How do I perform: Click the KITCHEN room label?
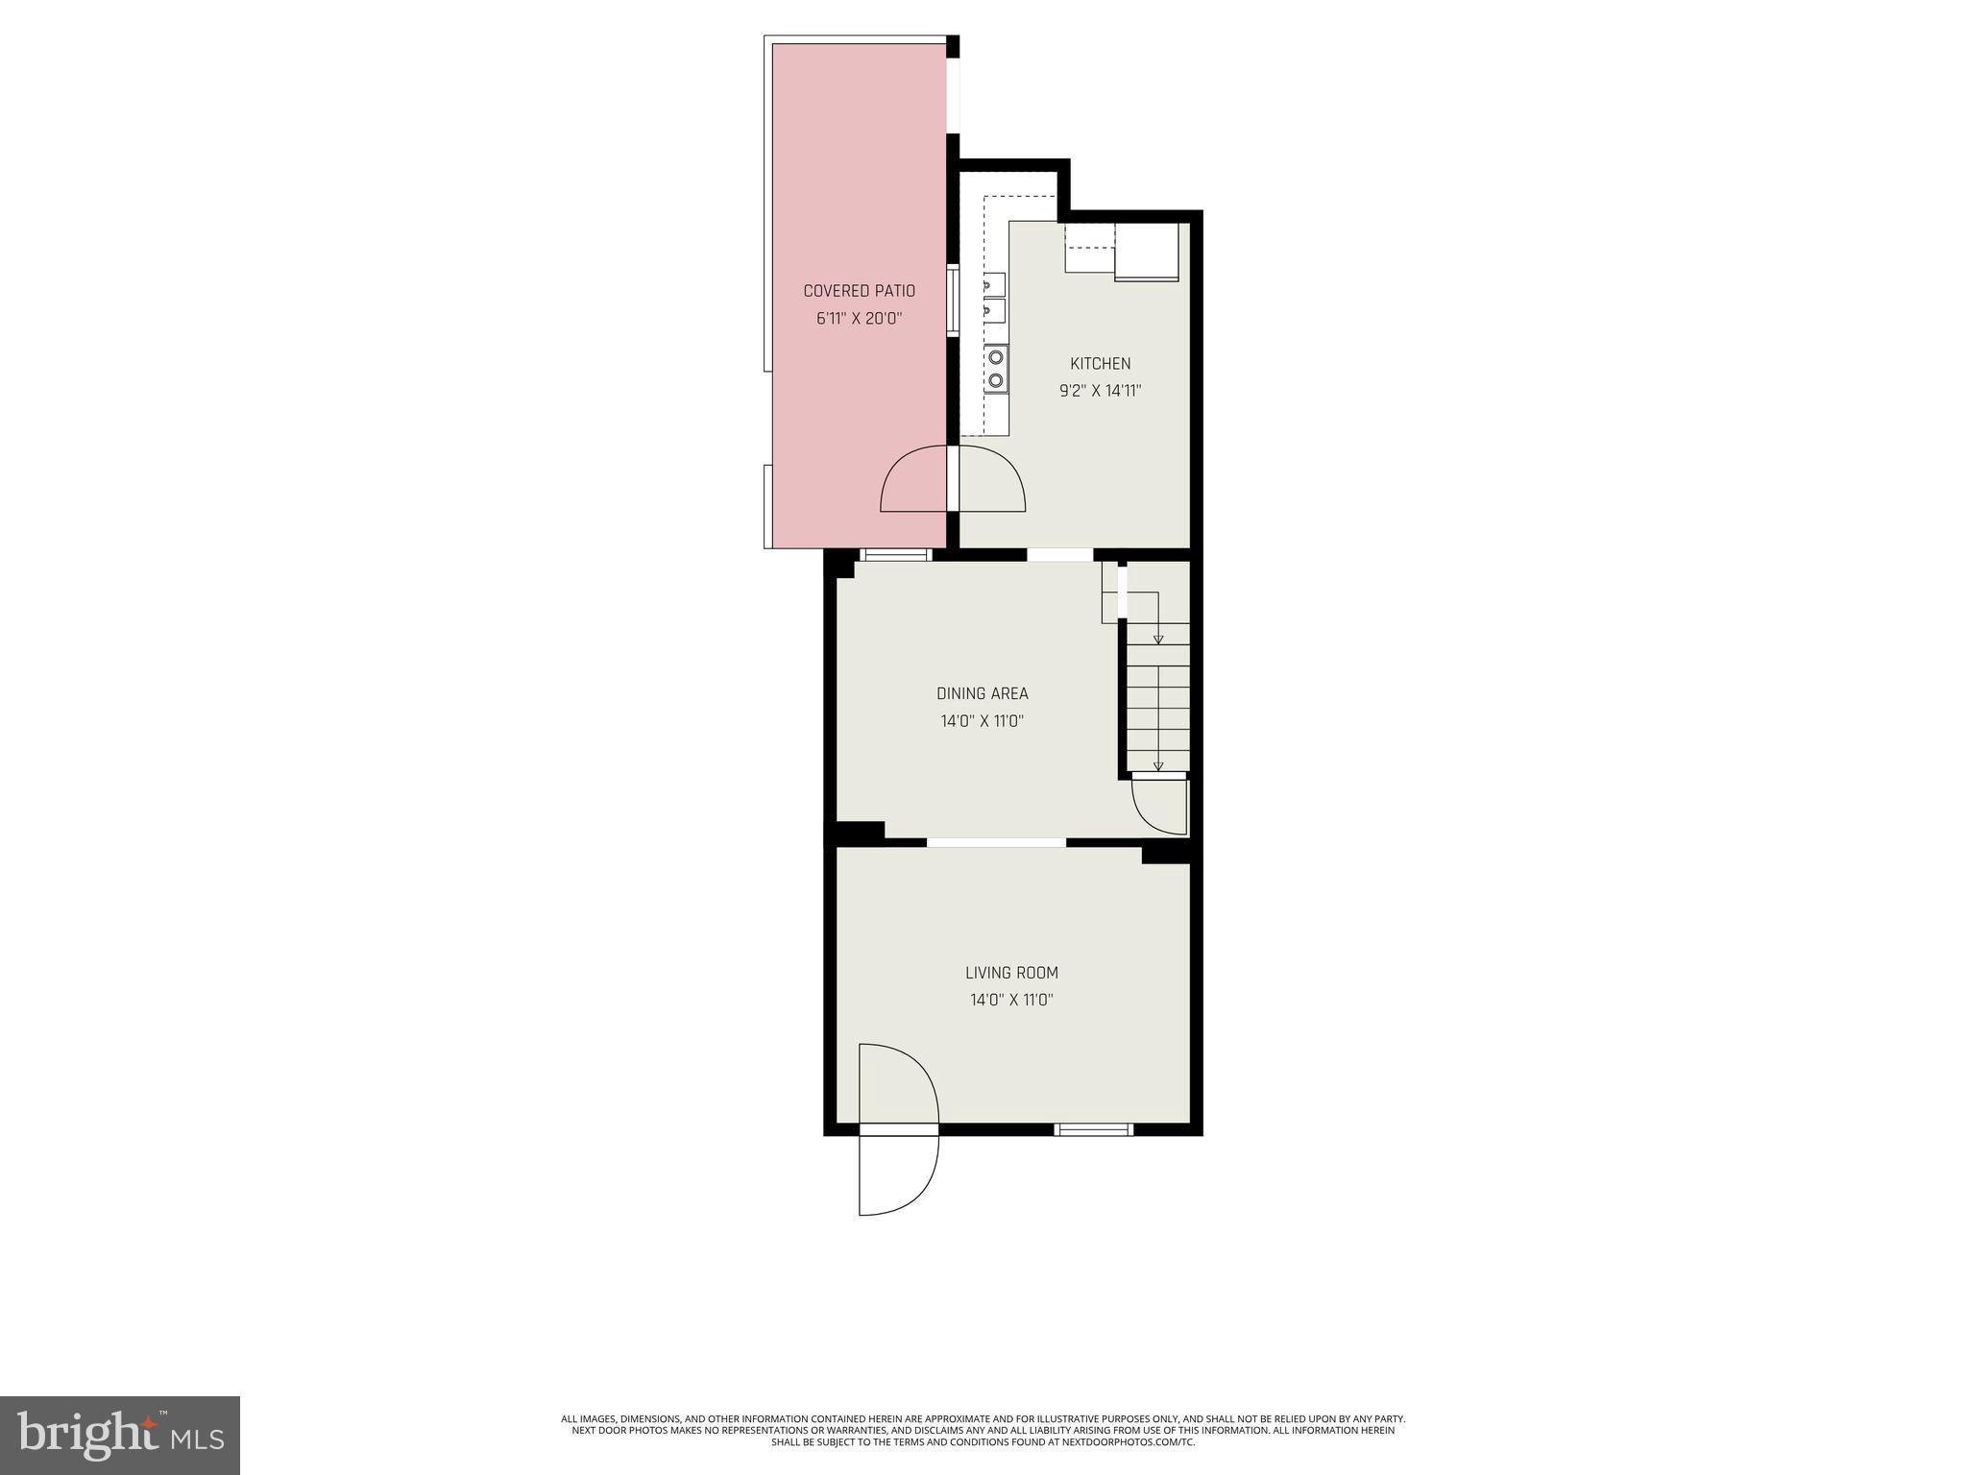tap(1100, 364)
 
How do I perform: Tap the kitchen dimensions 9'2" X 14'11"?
tap(1100, 391)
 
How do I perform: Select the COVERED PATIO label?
tap(859, 291)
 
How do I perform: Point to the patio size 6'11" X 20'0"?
tap(859, 318)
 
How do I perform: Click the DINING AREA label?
tap(982, 693)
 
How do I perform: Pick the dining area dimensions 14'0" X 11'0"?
tap(982, 721)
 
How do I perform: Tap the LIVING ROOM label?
tap(1011, 973)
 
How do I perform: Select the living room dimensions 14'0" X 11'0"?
tap(1011, 1000)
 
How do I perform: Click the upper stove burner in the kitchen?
tap(996, 357)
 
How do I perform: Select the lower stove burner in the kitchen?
tap(996, 380)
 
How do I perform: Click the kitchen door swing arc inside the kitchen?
tap(991, 479)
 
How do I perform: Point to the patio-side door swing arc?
tap(913, 479)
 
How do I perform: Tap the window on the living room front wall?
tap(1093, 1129)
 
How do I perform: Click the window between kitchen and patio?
tap(953, 301)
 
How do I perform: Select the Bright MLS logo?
tap(120, 1435)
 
